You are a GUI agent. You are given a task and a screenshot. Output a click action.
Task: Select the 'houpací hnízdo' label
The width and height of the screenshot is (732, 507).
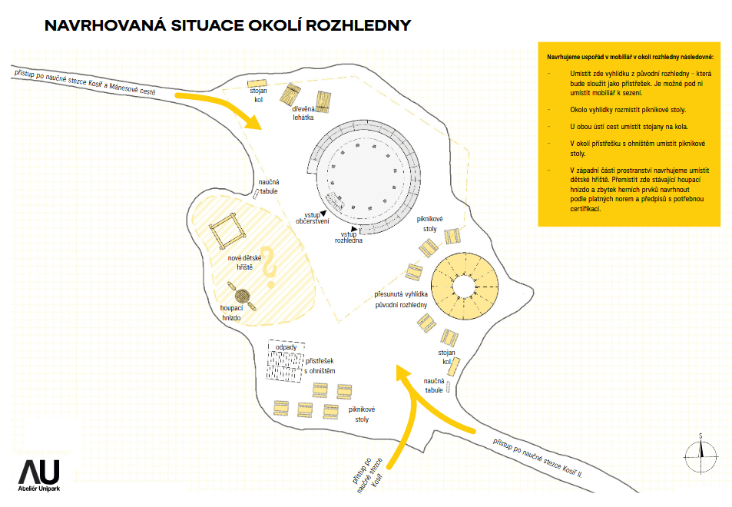tap(231, 313)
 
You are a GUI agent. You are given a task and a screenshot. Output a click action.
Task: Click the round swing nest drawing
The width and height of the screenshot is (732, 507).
tap(242, 296)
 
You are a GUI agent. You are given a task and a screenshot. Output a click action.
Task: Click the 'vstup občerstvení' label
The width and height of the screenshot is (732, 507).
tap(313, 218)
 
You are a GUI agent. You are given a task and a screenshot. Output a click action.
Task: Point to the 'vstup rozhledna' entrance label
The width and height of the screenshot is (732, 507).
tap(348, 237)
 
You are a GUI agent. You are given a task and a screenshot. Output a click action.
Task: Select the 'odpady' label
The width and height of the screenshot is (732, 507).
tap(287, 347)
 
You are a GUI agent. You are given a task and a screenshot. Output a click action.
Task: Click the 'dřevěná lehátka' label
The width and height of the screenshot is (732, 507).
tap(303, 113)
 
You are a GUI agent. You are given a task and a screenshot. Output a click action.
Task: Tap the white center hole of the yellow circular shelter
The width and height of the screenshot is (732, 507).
tap(464, 286)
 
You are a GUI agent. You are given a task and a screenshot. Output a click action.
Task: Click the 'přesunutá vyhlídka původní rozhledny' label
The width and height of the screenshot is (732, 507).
tap(401, 300)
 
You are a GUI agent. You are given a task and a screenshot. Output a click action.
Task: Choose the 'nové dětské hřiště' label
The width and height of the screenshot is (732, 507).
tap(244, 263)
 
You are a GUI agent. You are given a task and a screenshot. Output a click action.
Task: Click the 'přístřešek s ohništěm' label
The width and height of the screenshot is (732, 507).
tap(320, 366)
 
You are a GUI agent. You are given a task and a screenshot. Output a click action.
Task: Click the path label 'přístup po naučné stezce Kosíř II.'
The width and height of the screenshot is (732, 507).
tap(538, 458)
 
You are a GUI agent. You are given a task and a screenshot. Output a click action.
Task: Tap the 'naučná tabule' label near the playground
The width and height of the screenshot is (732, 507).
tap(269, 186)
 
